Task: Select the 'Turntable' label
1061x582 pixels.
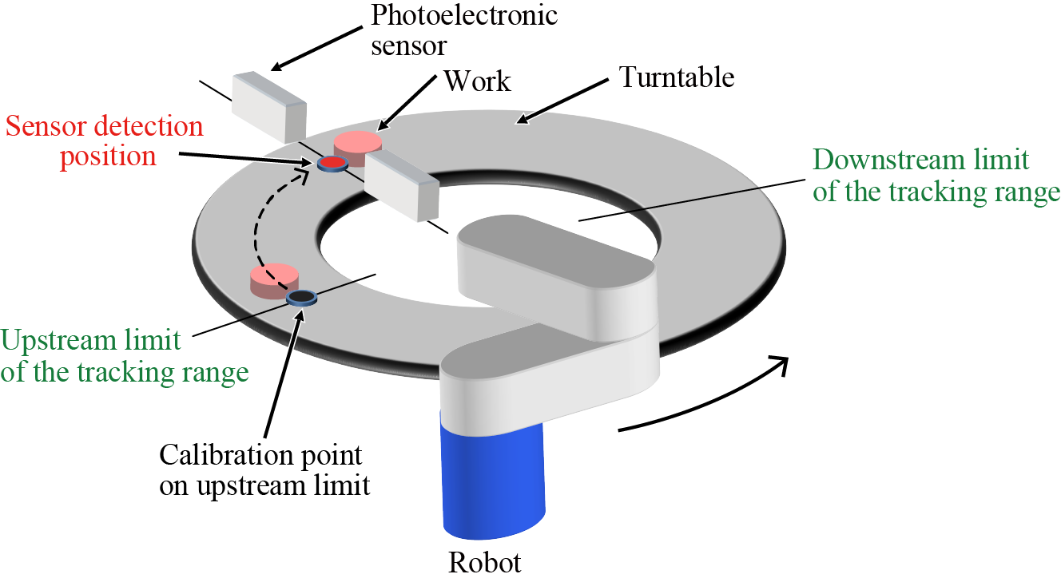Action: click(x=677, y=77)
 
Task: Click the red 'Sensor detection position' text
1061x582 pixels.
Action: click(x=104, y=141)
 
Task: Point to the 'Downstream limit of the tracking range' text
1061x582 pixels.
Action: click(x=936, y=176)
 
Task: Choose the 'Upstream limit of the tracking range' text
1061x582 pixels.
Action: click(x=124, y=357)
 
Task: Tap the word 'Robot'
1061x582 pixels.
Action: click(x=484, y=562)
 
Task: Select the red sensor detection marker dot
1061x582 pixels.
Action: click(x=332, y=164)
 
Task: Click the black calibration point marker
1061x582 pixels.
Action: click(x=300, y=298)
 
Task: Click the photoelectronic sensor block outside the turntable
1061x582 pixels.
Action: click(x=268, y=104)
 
